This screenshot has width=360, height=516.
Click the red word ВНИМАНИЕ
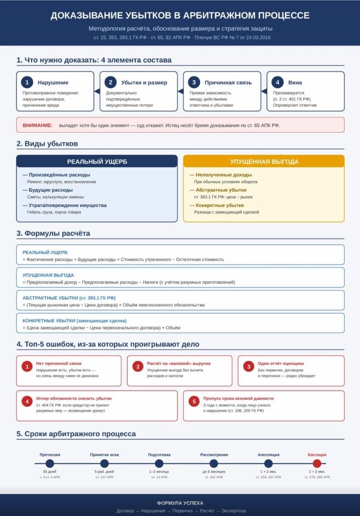tap(37, 125)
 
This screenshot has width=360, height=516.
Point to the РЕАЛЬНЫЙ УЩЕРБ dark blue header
tap(97, 161)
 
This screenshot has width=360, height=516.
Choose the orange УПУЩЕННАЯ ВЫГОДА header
tap(264, 161)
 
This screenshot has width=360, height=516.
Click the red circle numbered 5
tap(194, 401)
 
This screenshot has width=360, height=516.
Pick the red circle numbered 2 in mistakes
tap(138, 367)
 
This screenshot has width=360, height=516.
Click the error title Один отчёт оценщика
tap(281, 363)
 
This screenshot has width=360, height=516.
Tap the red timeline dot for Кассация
tap(317, 463)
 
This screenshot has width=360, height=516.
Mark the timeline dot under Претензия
tap(50, 463)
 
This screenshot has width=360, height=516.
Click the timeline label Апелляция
tap(269, 455)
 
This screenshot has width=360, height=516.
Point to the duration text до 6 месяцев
tap(214, 471)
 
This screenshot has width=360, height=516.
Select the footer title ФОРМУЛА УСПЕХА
tap(180, 503)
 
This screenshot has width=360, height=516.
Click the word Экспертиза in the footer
tap(234, 511)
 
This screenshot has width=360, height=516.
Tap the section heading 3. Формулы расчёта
tap(53, 234)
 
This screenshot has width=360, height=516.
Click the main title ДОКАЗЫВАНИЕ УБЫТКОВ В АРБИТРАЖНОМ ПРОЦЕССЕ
tap(180, 16)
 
